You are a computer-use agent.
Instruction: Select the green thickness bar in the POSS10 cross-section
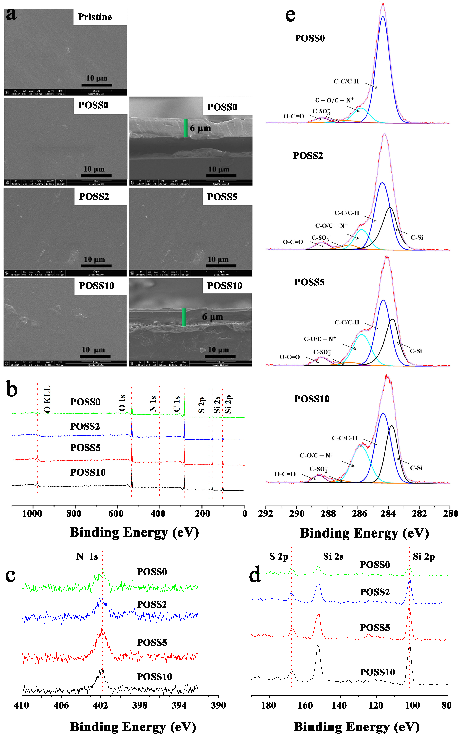pyautogui.click(x=184, y=317)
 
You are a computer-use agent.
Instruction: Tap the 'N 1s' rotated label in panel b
pyautogui.click(x=153, y=404)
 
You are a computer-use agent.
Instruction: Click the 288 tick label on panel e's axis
pyautogui.click(x=328, y=513)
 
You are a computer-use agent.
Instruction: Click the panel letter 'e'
pyautogui.click(x=290, y=15)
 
